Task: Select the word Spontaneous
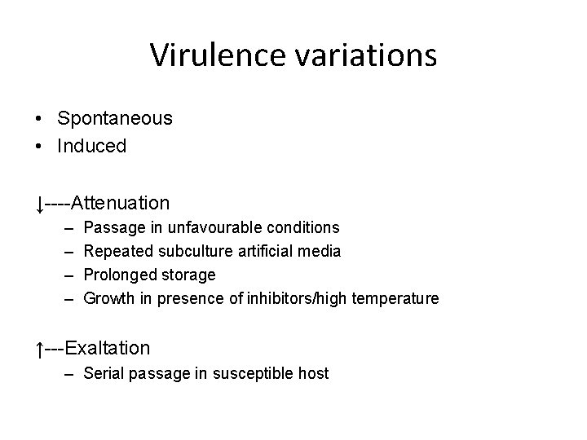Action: click(115, 118)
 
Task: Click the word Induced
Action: click(91, 147)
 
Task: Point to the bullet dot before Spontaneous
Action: click(39, 119)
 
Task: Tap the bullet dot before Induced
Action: click(39, 147)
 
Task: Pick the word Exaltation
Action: click(108, 348)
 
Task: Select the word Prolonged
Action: click(119, 275)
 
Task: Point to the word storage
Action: click(189, 275)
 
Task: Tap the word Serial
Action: click(102, 373)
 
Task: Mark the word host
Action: click(315, 373)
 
